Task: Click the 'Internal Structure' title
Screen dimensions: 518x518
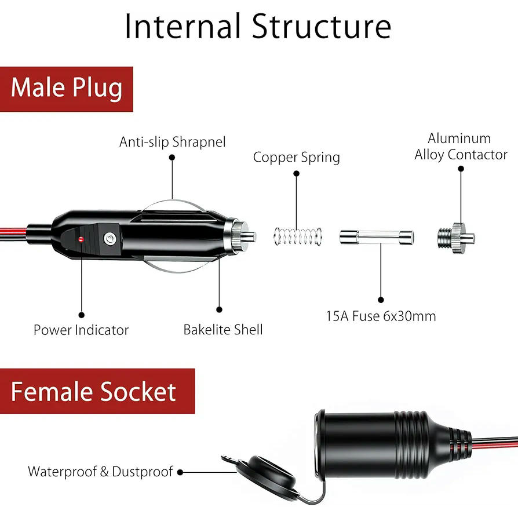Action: click(x=258, y=27)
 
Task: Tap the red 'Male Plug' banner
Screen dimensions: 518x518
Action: click(x=67, y=88)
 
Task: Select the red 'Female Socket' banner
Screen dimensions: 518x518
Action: click(x=93, y=392)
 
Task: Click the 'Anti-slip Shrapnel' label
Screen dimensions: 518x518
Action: click(x=172, y=142)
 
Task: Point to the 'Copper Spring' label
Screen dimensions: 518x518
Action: click(x=296, y=158)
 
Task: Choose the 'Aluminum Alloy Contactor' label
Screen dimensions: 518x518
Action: click(x=461, y=147)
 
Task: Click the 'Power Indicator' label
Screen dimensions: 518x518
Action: click(x=81, y=330)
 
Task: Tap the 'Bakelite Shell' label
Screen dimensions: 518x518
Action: click(x=223, y=330)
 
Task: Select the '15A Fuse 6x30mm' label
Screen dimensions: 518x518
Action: click(x=381, y=316)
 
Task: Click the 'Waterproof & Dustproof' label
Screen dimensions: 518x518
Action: click(x=101, y=472)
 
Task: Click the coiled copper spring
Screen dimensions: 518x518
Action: click(x=297, y=236)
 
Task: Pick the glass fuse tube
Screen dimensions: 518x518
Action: click(x=376, y=238)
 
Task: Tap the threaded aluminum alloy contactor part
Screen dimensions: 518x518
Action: click(x=455, y=238)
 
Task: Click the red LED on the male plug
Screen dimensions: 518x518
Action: click(x=82, y=239)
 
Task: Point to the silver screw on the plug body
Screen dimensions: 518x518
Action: click(x=109, y=238)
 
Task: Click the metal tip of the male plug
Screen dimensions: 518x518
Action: click(x=249, y=236)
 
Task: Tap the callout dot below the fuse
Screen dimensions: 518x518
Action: click(x=381, y=300)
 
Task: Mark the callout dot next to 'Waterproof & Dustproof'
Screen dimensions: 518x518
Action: click(x=180, y=472)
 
